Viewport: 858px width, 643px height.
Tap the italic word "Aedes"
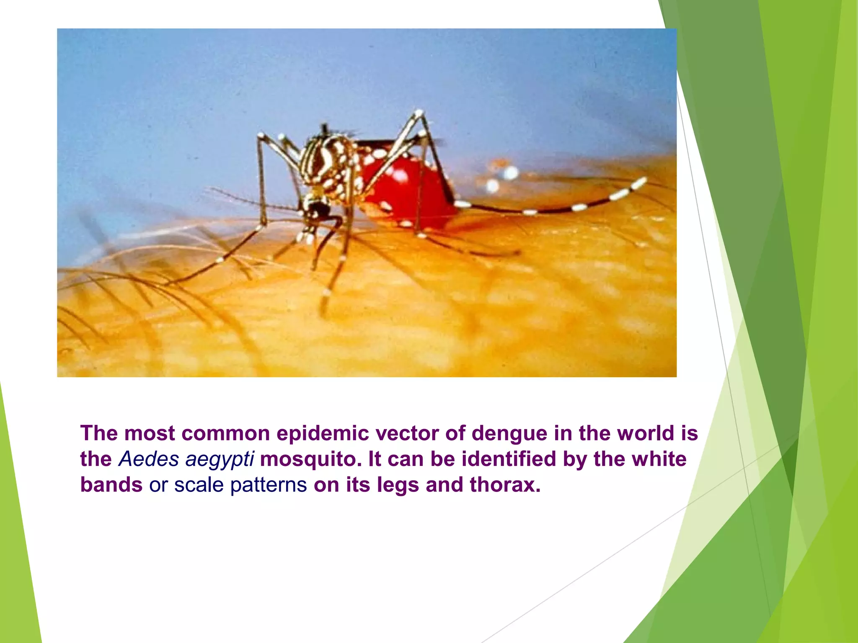149,459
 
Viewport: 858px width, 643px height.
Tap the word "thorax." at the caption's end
505,485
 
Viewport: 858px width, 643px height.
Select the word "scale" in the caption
199,485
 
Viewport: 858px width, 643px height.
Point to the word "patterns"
269,485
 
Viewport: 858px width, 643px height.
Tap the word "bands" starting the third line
111,485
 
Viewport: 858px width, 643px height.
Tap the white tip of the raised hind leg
640,183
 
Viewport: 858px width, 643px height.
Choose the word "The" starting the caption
99,433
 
